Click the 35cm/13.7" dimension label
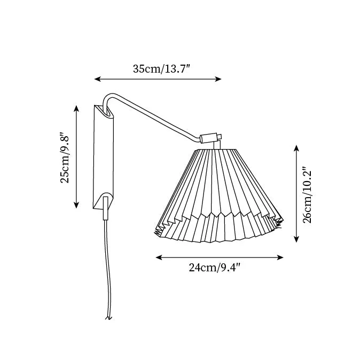[x=162, y=69]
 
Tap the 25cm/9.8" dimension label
[x=65, y=157]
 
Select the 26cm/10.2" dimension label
[x=307, y=195]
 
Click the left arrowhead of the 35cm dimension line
[x=97, y=79]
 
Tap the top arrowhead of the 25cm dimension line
[x=76, y=108]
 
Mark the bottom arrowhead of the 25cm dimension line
[x=76, y=205]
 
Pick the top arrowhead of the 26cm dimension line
[x=296, y=148]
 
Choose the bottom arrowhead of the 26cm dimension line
[x=296, y=239]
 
